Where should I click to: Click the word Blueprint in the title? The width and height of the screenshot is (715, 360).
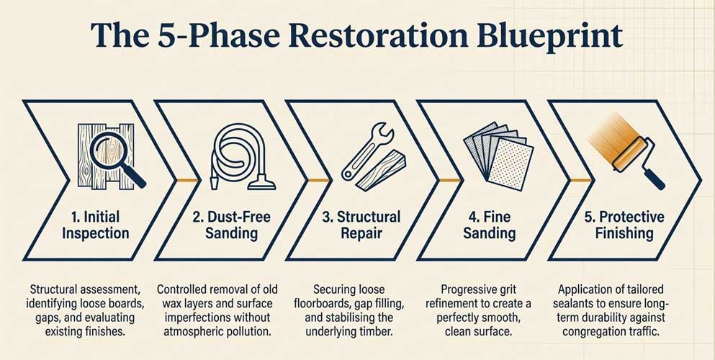tap(549, 35)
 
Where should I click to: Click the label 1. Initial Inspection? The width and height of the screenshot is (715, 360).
tap(96, 225)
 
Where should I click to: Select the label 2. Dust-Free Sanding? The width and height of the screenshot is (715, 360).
tap(232, 225)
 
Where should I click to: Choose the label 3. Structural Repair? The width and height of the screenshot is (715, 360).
tap(361, 225)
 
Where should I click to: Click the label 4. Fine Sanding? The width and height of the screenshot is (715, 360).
tap(490, 225)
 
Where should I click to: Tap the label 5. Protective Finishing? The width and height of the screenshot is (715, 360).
tap(624, 225)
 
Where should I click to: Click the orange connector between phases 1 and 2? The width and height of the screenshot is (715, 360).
tap(187, 181)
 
